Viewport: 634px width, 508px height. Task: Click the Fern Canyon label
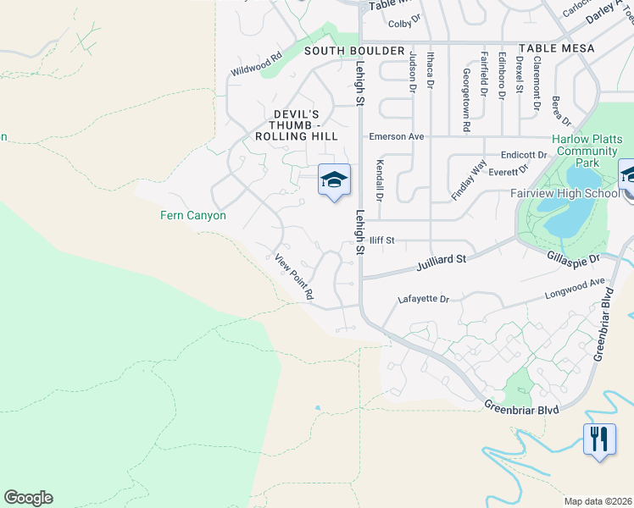pyautogui.click(x=193, y=215)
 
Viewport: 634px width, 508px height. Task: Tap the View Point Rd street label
pyautogui.click(x=294, y=277)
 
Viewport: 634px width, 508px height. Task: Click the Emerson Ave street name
pyautogui.click(x=395, y=136)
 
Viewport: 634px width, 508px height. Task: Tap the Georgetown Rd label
pyautogui.click(x=466, y=100)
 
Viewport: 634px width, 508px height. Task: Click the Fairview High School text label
pyautogui.click(x=564, y=193)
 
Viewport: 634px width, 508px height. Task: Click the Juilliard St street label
pyautogui.click(x=442, y=262)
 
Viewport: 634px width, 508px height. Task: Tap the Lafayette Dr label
pyautogui.click(x=423, y=299)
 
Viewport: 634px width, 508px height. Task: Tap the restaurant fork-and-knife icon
pyautogui.click(x=599, y=439)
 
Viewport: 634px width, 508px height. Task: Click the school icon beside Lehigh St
pyautogui.click(x=334, y=179)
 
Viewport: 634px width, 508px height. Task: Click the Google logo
pyautogui.click(x=28, y=498)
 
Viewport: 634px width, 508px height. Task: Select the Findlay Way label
pyautogui.click(x=469, y=179)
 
